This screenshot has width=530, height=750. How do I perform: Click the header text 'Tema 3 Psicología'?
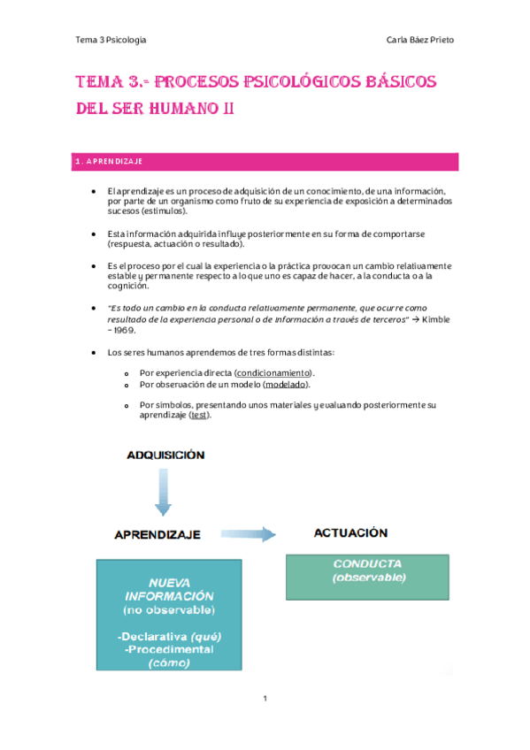111,40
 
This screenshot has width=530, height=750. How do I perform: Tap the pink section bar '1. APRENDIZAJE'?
265,162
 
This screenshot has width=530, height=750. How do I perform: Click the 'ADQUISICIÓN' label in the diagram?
165,455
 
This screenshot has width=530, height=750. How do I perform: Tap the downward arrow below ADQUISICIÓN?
162,492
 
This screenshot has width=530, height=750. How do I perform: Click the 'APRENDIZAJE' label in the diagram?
157,534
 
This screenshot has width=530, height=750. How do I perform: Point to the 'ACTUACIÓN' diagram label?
351,533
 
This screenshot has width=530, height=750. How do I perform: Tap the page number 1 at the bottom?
265,699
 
